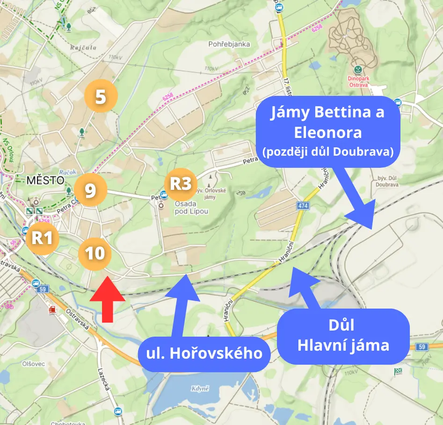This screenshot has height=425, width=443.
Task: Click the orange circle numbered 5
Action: tap(101, 96)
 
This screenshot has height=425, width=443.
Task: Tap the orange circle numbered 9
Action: tap(90, 190)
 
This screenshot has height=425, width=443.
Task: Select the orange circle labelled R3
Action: tap(181, 184)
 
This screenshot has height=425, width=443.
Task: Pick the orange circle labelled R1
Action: tap(42, 238)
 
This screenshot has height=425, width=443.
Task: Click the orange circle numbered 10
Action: tap(94, 253)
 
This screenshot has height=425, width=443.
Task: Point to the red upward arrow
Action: tap(108, 299)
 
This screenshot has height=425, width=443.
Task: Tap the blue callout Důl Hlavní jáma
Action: tap(343, 337)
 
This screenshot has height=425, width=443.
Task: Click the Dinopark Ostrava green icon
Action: tap(358, 69)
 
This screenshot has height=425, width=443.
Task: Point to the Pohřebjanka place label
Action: tap(229, 44)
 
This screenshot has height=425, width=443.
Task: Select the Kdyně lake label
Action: tap(200, 389)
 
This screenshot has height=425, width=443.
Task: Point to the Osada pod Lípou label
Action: tap(191, 208)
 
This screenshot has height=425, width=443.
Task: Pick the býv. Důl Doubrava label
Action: tap(386, 180)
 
